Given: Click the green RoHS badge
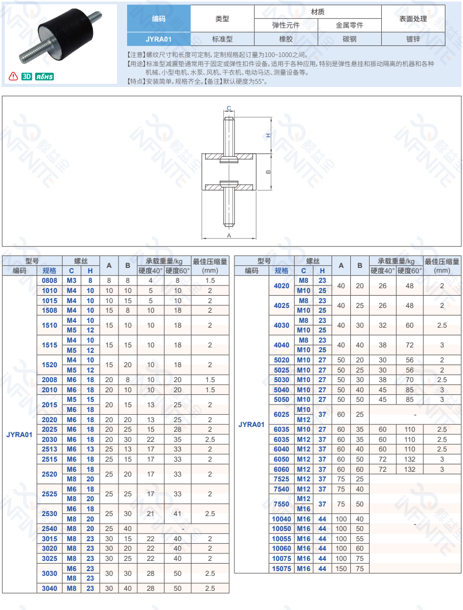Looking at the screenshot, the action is click(44, 77).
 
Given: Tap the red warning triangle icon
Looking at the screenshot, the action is click(13, 76).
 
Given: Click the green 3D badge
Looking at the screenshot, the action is click(27, 76).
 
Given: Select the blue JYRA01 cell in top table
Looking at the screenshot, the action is click(159, 39).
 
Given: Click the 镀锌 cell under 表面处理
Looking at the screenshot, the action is click(413, 39).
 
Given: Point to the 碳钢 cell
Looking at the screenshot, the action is click(349, 39).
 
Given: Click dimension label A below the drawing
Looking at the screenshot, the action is click(229, 235).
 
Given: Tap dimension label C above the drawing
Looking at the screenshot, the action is click(229, 108).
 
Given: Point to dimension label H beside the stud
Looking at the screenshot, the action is click(268, 136).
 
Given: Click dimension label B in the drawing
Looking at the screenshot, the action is click(268, 171).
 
